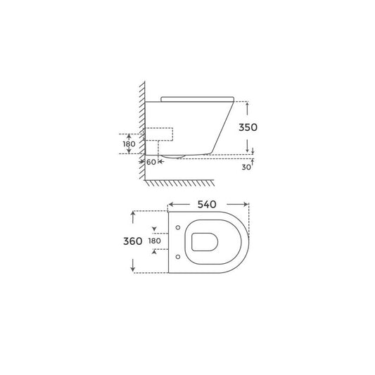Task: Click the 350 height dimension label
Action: pos(248,127)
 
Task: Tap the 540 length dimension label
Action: pos(207,205)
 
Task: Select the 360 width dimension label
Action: pos(133,241)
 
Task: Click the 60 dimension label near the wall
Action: pos(151,162)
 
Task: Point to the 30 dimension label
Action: pos(246,167)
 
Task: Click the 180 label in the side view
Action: pos(129,144)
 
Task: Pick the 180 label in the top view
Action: pos(155,241)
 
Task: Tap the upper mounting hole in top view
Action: pos(178,227)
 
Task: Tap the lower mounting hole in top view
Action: pos(178,257)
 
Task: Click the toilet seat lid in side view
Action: pos(197,99)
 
